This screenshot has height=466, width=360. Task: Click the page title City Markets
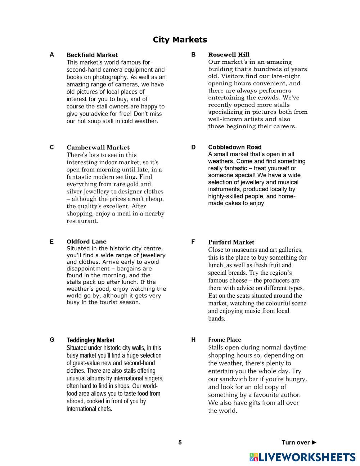coord(180,40)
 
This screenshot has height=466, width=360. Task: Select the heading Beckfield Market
coord(92,55)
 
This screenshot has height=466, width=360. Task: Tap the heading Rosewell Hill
coord(229,55)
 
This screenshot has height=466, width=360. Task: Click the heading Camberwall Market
coord(98,148)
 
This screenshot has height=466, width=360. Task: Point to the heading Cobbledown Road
coord(235,147)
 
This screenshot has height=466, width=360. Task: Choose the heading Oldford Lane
coord(86,242)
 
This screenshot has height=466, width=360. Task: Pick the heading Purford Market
coord(231,242)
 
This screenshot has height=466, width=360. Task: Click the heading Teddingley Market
coord(90,340)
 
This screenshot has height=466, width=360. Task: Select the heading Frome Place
coord(224,340)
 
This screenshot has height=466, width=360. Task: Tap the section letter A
coord(52,55)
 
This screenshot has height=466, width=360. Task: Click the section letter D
coord(193,147)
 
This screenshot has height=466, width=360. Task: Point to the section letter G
coord(52,340)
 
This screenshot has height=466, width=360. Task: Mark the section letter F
coord(193,242)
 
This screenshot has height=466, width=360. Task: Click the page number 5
coord(180,443)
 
